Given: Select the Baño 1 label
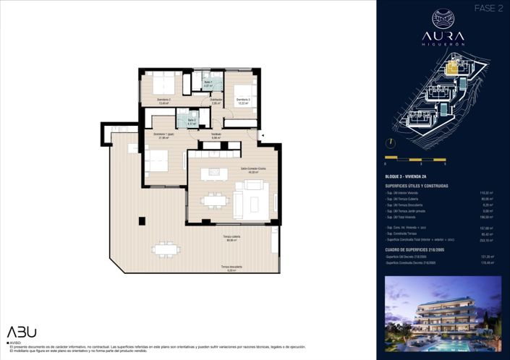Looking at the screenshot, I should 208,84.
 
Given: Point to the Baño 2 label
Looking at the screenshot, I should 192,121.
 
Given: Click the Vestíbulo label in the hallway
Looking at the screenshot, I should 216,134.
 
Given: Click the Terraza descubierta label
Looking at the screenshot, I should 231,267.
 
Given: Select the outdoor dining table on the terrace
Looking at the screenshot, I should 166,249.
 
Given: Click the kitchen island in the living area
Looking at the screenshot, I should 212,172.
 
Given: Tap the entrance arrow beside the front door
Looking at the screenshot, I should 263,135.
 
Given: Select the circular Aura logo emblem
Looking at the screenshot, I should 443,19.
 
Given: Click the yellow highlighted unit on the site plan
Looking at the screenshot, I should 452,69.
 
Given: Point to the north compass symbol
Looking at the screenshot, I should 390,142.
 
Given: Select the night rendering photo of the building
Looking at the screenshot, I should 443,303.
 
